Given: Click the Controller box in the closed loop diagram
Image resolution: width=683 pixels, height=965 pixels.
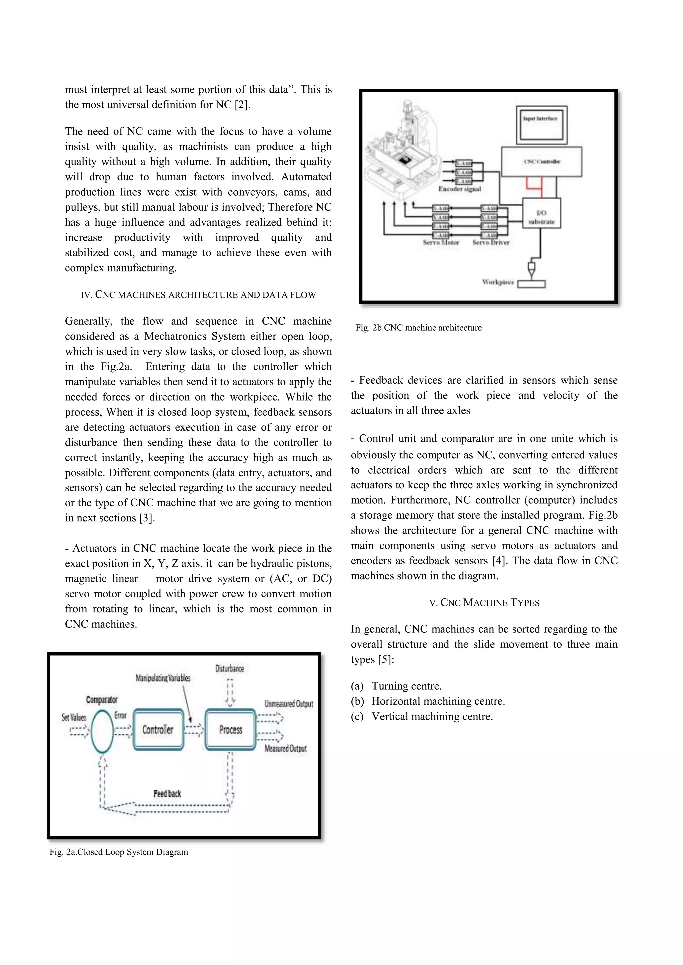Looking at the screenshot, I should tap(158, 730).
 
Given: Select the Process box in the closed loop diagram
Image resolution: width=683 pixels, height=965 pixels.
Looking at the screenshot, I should tap(230, 730).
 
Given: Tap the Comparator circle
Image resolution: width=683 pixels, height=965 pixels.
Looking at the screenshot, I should tap(102, 731).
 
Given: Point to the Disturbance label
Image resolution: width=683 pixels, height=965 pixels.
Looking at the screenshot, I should tap(230, 669).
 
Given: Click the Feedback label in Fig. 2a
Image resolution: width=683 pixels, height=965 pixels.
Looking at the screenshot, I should tap(167, 793).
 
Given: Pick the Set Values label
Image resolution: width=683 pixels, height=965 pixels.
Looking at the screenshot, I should tap(74, 717).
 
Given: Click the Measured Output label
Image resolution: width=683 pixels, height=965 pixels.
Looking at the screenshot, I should tap(285, 748).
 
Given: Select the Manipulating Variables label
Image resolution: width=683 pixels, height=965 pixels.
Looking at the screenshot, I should tap(163, 678).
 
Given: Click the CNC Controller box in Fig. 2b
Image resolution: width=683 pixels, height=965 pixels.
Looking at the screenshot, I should tap(541, 161).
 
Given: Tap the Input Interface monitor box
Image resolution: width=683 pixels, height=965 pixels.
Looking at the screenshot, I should tap(541, 124).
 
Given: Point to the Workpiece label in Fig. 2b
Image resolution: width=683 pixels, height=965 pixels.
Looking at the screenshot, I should tap(498, 282).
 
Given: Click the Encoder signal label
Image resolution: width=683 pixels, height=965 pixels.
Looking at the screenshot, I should tap(459, 189).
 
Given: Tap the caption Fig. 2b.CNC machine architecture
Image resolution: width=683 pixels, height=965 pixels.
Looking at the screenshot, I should tap(418, 328).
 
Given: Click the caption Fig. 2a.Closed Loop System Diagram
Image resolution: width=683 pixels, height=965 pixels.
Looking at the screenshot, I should tap(119, 852).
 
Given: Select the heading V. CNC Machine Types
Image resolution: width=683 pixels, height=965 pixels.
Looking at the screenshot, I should tap(484, 603).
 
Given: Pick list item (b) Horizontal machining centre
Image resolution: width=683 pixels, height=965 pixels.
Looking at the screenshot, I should tap(428, 701).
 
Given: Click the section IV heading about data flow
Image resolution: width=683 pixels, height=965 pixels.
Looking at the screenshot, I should tap(198, 295).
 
